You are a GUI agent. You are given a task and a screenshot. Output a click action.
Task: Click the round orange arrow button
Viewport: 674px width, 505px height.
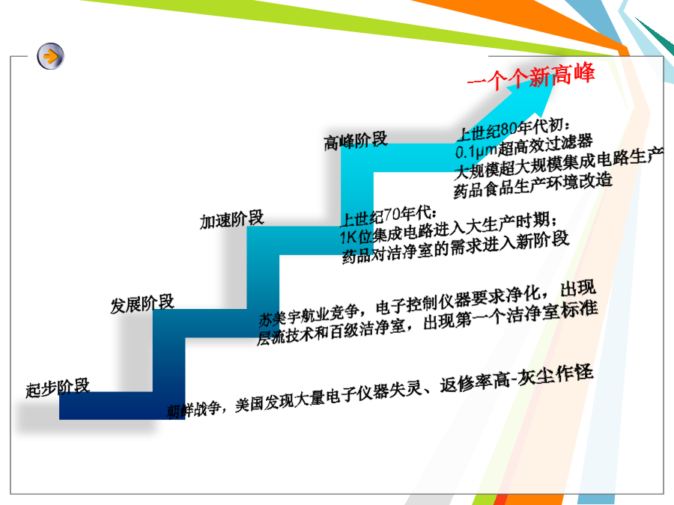[x=50, y=56]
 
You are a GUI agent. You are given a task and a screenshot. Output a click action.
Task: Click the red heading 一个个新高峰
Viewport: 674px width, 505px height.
[x=531, y=76]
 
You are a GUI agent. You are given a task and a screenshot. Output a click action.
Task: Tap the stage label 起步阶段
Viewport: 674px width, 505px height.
[x=58, y=388]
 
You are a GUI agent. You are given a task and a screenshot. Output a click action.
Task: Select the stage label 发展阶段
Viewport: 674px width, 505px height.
[x=142, y=304]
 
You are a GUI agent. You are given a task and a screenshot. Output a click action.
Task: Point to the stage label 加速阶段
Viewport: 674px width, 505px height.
[x=231, y=220]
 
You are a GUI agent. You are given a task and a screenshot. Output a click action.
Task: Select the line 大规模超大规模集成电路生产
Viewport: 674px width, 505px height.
[x=559, y=163]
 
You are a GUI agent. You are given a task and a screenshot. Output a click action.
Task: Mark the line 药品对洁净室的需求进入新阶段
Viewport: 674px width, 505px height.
[x=455, y=247]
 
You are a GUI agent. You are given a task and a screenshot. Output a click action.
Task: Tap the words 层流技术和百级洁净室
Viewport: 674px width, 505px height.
[x=331, y=332]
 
